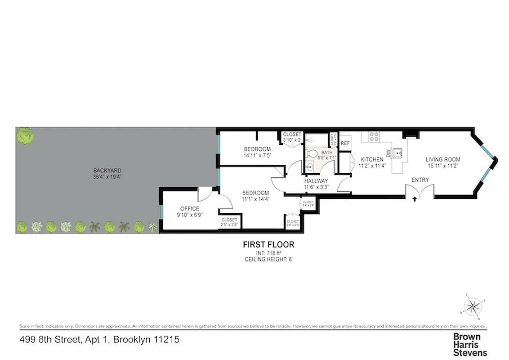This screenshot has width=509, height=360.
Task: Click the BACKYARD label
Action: click(x=107, y=171)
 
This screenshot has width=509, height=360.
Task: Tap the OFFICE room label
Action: click(x=189, y=208)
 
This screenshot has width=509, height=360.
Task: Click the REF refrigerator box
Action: click(x=345, y=143)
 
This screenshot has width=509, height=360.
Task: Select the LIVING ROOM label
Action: click(x=443, y=159)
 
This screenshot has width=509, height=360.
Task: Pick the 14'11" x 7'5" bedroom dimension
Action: click(x=257, y=155)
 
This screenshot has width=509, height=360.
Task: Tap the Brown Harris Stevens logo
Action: click(x=469, y=345)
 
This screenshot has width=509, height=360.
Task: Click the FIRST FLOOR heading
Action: click(x=268, y=245)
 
